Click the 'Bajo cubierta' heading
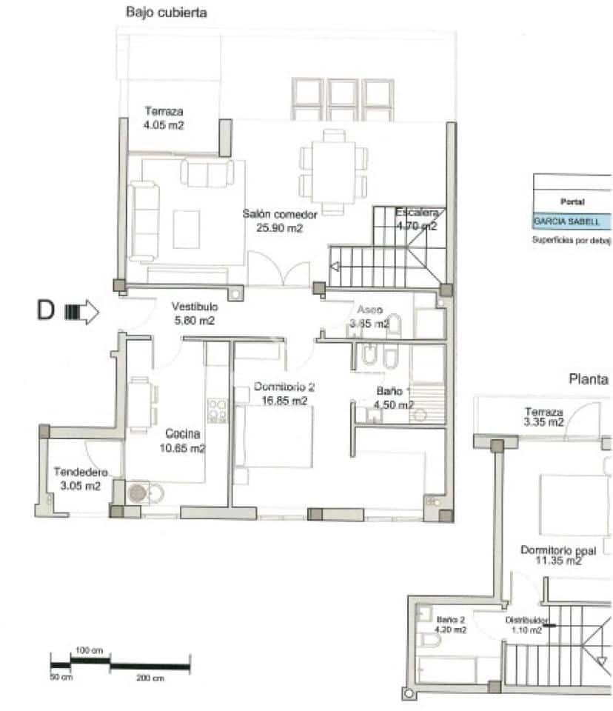click(167, 13)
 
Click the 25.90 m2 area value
click(280, 228)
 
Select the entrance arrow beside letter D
click(82, 312)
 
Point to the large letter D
click(46, 311)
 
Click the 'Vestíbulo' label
click(195, 307)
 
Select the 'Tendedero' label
click(81, 472)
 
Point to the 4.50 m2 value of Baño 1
click(394, 404)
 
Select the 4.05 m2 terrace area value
click(164, 125)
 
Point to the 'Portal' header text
click(573, 201)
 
